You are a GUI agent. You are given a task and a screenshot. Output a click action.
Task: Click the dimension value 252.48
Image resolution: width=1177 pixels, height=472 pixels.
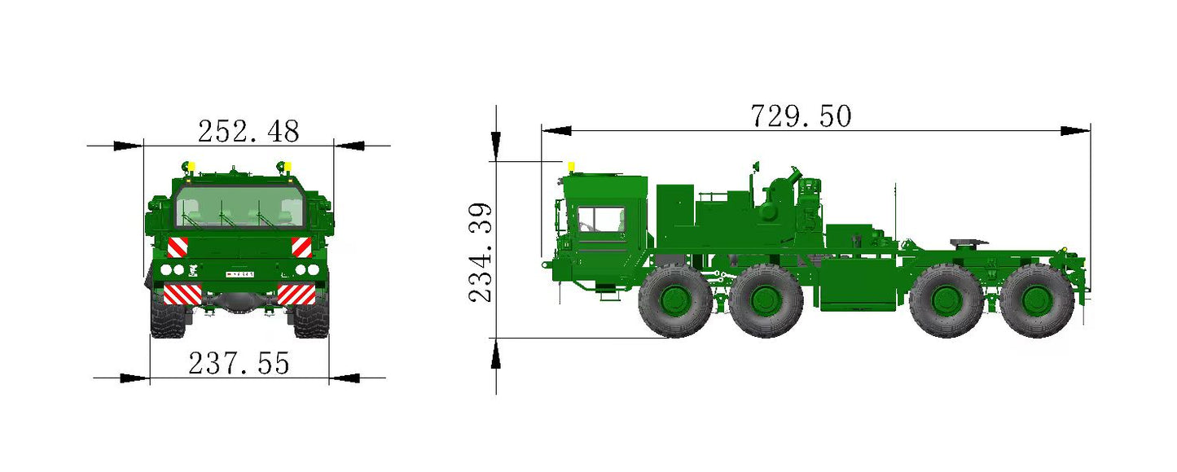tap(248, 131)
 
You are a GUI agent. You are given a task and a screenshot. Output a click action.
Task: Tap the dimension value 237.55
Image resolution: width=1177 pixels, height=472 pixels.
tap(239, 363)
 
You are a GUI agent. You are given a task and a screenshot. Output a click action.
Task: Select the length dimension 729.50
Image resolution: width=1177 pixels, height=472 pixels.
tap(801, 116)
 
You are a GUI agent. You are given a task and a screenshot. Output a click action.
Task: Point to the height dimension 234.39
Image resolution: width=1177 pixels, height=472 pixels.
tap(481, 252)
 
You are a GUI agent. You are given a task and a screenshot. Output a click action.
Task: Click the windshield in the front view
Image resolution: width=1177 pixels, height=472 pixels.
tap(239, 206)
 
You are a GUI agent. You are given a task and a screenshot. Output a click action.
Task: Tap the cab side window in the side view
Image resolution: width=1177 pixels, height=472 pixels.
tap(601, 219)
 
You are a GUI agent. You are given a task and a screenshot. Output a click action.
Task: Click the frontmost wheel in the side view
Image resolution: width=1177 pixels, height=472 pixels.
tap(676, 300)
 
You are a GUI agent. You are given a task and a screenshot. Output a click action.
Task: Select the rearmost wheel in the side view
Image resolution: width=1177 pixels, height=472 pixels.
tap(1037, 300)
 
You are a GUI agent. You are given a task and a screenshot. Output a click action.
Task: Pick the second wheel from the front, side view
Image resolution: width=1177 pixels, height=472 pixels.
tap(766, 300)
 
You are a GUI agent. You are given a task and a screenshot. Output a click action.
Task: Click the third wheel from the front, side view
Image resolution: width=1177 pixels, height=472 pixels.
tap(946, 300)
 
